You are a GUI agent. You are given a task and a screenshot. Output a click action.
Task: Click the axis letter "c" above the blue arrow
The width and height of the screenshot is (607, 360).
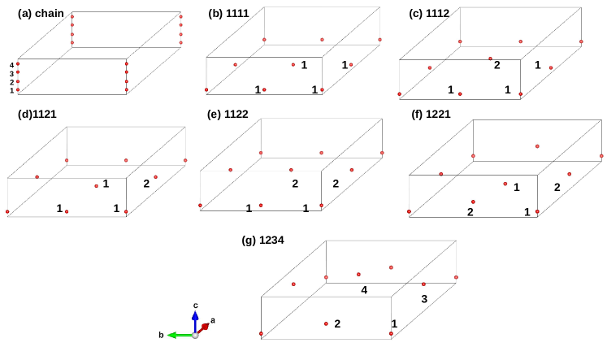point(196,305)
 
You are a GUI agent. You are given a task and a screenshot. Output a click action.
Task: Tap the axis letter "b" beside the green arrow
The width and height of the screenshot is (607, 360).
point(162,334)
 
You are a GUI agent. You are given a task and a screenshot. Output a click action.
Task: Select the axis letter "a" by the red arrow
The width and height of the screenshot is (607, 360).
point(213,320)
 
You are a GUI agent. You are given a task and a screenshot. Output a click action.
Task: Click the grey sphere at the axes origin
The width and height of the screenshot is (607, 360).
point(195,334)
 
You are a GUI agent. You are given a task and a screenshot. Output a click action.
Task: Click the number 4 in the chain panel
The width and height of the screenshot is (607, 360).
point(11,65)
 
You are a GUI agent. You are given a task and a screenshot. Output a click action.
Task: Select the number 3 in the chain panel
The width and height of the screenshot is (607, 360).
point(11,73)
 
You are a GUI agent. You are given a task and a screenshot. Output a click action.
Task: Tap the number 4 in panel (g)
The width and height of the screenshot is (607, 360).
point(364,289)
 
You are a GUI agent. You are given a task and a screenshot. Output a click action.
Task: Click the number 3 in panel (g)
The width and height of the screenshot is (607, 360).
point(423,299)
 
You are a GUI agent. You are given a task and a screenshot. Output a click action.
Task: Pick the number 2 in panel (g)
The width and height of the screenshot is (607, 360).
point(337,323)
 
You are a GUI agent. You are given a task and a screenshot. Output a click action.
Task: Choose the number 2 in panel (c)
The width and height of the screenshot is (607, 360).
point(497,64)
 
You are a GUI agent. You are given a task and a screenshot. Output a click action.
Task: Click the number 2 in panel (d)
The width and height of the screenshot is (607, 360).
point(146,184)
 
